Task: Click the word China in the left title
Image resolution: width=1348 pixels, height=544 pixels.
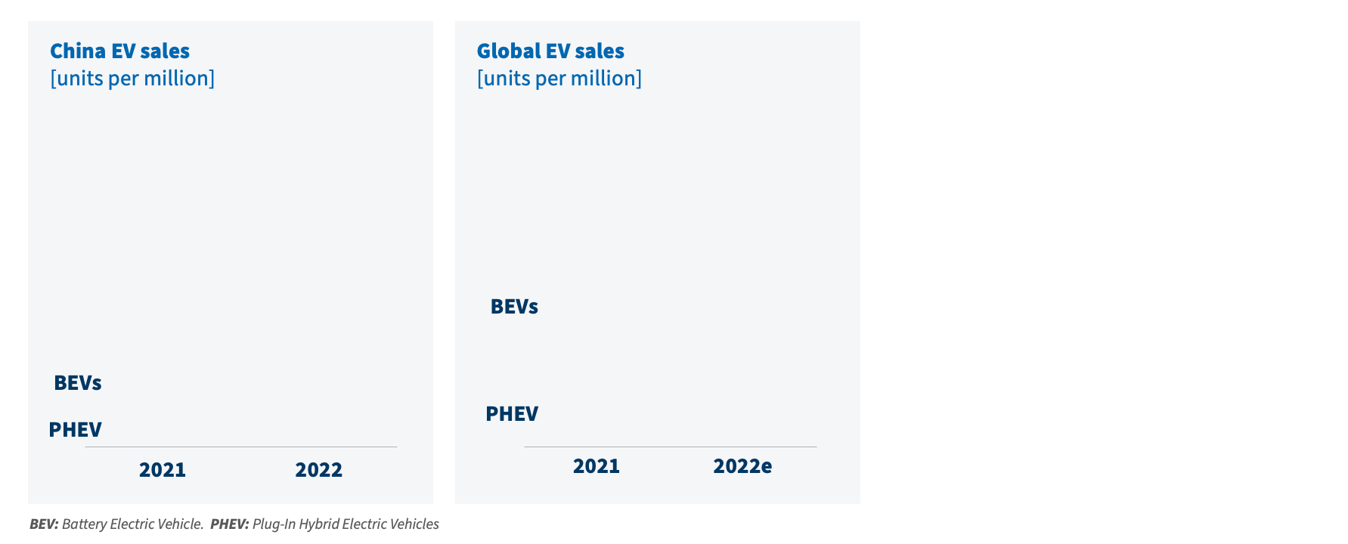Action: pyautogui.click(x=78, y=51)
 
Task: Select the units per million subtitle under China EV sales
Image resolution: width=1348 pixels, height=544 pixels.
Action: pyautogui.click(x=132, y=79)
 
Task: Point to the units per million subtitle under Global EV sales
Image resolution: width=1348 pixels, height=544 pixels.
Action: pyautogui.click(x=559, y=79)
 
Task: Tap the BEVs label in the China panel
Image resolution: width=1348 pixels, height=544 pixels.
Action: pyautogui.click(x=78, y=383)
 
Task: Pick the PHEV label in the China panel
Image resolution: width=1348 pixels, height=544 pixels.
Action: pyautogui.click(x=75, y=430)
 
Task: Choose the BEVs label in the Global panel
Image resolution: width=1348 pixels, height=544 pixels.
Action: pyautogui.click(x=514, y=307)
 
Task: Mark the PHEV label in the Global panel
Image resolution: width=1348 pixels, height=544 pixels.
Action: pyautogui.click(x=512, y=414)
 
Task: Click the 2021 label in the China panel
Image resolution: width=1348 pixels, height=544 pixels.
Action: pyautogui.click(x=163, y=470)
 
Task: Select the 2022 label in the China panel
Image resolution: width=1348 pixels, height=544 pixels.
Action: pyautogui.click(x=318, y=470)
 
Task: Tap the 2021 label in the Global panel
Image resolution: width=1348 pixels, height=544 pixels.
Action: pyautogui.click(x=597, y=466)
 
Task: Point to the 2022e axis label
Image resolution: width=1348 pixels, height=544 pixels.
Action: pyautogui.click(x=742, y=466)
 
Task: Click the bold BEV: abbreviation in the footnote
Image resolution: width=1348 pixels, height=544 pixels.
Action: pyautogui.click(x=44, y=524)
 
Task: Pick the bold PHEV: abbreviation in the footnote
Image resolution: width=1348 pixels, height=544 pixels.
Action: pyautogui.click(x=229, y=524)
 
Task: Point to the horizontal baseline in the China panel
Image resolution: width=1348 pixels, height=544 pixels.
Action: pyautogui.click(x=241, y=447)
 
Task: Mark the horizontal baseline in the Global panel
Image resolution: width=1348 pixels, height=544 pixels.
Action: pyautogui.click(x=671, y=447)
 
